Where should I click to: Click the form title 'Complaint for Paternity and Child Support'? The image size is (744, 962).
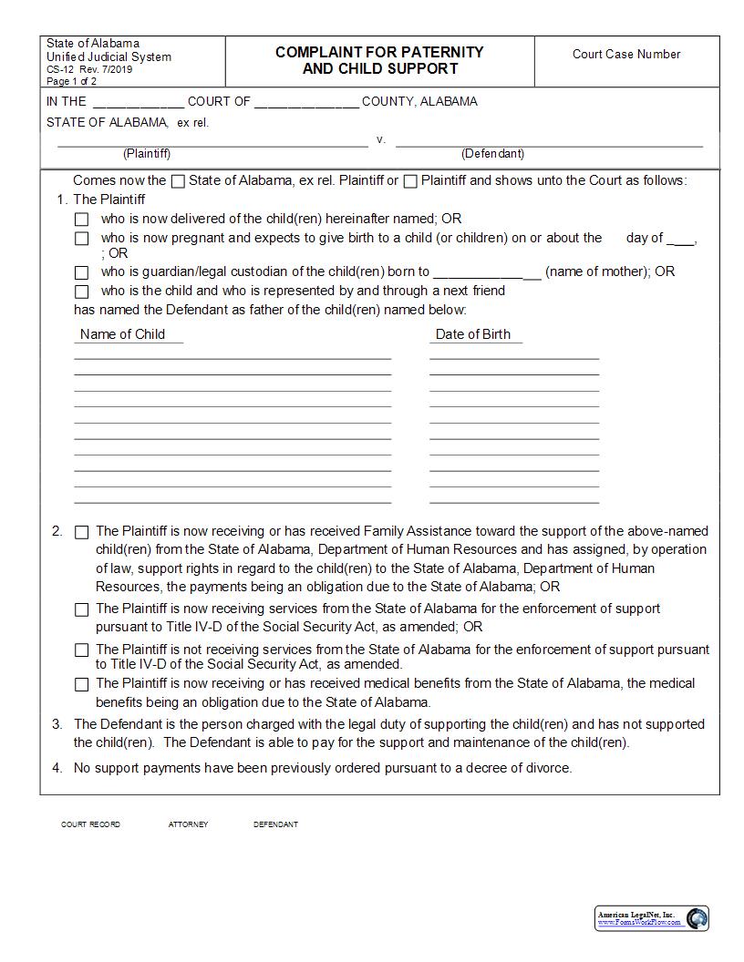click(x=379, y=60)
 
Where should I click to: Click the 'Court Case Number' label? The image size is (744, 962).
click(x=625, y=54)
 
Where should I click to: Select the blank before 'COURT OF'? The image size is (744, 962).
click(x=138, y=102)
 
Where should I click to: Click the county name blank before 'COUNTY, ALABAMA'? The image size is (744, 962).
click(x=306, y=102)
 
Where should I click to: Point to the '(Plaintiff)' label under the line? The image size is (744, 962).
click(x=147, y=154)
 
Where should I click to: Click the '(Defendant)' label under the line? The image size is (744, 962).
click(x=492, y=154)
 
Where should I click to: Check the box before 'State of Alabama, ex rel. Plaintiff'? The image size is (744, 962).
click(x=179, y=181)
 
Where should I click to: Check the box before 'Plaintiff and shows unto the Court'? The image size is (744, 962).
click(x=410, y=181)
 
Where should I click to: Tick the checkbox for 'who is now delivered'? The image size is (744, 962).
click(x=82, y=220)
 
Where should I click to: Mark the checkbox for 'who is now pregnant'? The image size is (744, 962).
click(x=82, y=239)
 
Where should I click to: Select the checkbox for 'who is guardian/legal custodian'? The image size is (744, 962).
click(x=82, y=272)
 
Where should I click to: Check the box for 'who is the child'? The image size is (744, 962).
click(x=82, y=292)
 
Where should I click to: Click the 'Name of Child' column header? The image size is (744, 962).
click(x=122, y=334)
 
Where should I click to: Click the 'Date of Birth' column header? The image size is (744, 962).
click(x=472, y=334)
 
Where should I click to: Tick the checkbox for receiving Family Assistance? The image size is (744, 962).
click(x=82, y=532)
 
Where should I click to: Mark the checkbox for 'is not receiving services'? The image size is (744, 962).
click(x=82, y=650)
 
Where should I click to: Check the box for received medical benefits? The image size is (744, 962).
click(x=82, y=684)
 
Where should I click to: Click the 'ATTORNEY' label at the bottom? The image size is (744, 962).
click(x=188, y=824)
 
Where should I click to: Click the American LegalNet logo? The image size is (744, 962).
click(x=652, y=918)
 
